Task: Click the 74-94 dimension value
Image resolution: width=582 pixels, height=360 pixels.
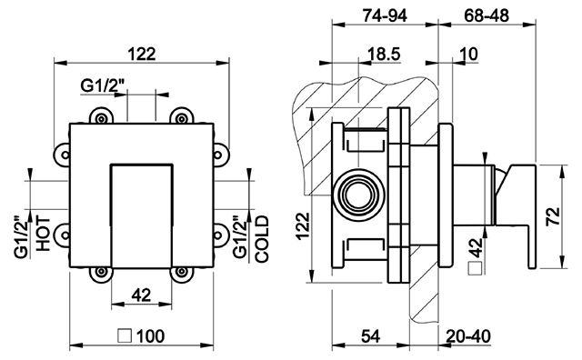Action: tap(385, 15)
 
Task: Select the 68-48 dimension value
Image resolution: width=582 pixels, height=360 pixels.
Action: tap(487, 15)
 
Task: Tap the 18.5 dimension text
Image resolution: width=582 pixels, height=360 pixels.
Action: tap(384, 55)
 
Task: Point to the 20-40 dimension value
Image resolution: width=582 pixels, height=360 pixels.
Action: tap(468, 336)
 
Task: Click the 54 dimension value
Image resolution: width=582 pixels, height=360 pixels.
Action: tap(370, 336)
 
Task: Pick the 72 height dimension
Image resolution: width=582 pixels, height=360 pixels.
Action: tap(553, 216)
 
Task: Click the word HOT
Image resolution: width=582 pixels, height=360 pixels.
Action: tap(43, 234)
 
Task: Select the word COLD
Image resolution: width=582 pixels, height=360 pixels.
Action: tap(262, 239)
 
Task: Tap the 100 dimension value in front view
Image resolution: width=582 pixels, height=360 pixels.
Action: tap(151, 336)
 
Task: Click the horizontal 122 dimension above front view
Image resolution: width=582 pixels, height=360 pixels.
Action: tap(142, 55)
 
